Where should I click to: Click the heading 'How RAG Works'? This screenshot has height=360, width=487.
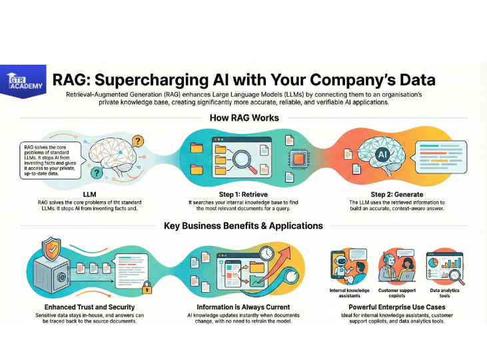click(x=244, y=118)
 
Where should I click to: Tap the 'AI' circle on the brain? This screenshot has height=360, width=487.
click(x=382, y=155)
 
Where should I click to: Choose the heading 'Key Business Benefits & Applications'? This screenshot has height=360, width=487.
click(x=243, y=225)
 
